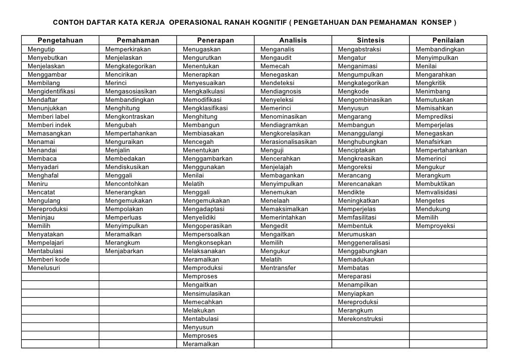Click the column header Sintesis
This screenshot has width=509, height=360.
pyautogui.click(x=370, y=41)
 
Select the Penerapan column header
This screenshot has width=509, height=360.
pyautogui.click(x=215, y=41)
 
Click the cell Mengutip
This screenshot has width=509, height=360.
pyautogui.click(x=42, y=49)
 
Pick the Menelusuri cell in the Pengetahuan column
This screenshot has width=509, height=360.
pyautogui.click(x=44, y=268)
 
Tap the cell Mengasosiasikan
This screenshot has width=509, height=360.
pyautogui.click(x=130, y=91)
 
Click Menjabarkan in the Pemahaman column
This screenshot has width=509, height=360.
pyautogui.click(x=124, y=251)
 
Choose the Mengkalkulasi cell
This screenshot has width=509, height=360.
pyautogui.click(x=204, y=91)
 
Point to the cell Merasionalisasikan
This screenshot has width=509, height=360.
pyautogui.click(x=288, y=142)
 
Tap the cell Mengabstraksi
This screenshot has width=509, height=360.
pyautogui.click(x=359, y=49)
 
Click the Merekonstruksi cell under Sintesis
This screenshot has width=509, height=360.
pyautogui.click(x=360, y=318)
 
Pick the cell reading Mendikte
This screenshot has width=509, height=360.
pyautogui.click(x=352, y=192)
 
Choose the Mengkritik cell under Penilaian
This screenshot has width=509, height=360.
pyautogui.click(x=431, y=83)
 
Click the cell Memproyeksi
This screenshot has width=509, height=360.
pyautogui.click(x=435, y=226)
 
